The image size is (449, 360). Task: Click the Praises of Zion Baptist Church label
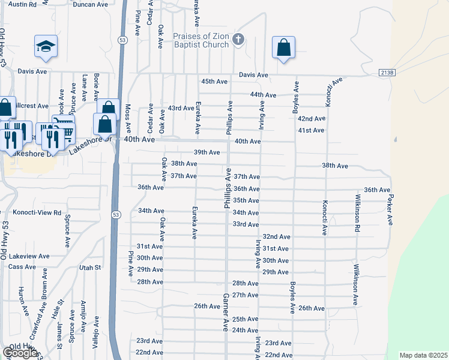201,40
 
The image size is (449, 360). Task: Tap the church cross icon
238,40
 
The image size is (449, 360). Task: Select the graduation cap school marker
46,46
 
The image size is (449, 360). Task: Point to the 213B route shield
388,73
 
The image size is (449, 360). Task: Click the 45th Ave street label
214,81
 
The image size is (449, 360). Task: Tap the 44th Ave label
263,95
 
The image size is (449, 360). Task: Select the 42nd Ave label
311,119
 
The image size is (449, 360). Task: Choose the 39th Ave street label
206,152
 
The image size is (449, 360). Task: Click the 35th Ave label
246,200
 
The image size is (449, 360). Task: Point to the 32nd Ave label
276,237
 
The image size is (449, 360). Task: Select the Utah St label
88,267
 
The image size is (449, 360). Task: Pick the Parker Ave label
390,209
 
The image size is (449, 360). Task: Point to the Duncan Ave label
90,4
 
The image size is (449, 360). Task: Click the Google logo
20,353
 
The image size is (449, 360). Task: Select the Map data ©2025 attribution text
423,355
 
